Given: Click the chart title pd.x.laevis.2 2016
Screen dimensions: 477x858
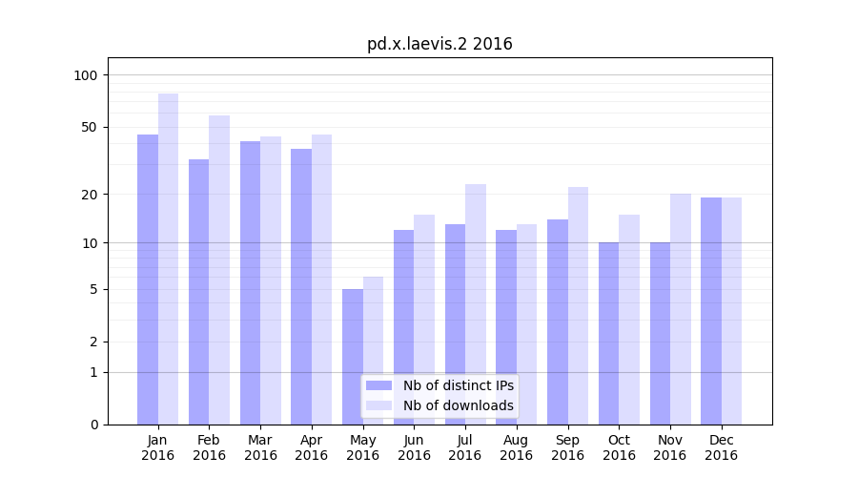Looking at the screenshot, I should pos(439,44).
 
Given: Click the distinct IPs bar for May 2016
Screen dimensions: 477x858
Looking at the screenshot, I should pos(353,357).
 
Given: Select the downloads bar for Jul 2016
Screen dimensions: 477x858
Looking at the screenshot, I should pos(476,304).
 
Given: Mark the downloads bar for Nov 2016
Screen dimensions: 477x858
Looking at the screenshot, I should pos(681,309).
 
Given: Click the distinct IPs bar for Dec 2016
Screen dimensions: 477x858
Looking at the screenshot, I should pos(711,311).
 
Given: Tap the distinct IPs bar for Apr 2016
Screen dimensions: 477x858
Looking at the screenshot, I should pos(301,286).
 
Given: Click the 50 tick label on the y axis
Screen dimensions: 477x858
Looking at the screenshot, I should pos(89,127).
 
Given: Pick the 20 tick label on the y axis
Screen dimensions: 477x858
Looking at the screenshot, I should pos(89,195).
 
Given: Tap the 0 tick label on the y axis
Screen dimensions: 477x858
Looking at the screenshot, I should pos(93,425).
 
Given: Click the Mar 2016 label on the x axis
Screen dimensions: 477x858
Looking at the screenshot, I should pos(260,447).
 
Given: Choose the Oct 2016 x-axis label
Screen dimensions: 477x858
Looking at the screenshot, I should pos(619,447).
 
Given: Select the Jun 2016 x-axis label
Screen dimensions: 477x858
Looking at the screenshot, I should pos(414,447).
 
